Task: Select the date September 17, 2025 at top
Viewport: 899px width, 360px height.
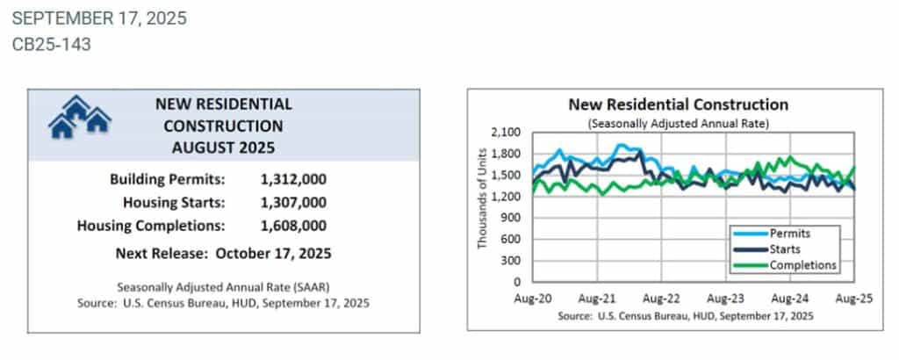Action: click(x=99, y=18)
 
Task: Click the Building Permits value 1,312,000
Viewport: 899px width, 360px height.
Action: click(x=293, y=179)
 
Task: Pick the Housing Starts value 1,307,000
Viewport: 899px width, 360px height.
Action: click(x=293, y=203)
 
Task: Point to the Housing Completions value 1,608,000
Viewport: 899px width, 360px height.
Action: click(x=293, y=226)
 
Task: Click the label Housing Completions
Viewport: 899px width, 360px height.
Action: click(x=151, y=226)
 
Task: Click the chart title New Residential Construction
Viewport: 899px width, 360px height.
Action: click(x=678, y=104)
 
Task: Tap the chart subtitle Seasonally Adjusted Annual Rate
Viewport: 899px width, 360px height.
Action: click(x=678, y=124)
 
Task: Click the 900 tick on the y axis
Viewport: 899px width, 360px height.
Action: click(x=512, y=218)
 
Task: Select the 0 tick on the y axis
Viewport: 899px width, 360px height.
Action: click(x=519, y=282)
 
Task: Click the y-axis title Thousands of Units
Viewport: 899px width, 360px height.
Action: click(x=482, y=207)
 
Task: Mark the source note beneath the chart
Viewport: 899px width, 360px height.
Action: click(x=679, y=314)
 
